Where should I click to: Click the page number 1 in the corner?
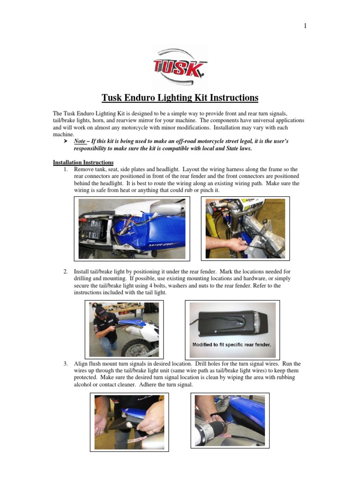pos(305,26)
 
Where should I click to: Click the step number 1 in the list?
pos(66,169)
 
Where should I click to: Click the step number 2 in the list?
pos(66,271)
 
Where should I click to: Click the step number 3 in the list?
pos(66,364)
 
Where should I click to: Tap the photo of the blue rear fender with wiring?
pos(132,229)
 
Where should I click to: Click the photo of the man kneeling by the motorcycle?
pos(124,329)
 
